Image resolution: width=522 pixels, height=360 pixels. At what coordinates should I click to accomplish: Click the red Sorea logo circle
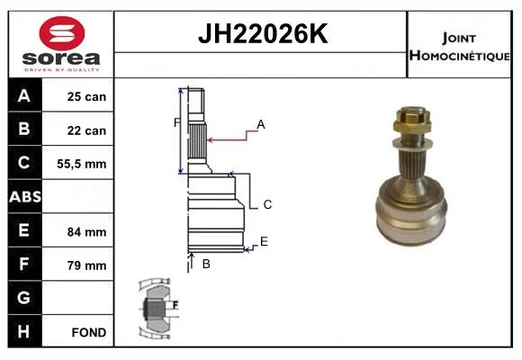[x=62, y=33]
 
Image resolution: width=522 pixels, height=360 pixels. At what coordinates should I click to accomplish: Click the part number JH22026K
[x=263, y=33]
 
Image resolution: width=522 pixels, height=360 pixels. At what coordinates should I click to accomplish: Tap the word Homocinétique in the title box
[x=459, y=55]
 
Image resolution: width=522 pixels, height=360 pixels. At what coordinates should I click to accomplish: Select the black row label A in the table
[x=24, y=95]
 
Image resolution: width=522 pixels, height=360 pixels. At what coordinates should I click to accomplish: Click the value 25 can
[x=86, y=96]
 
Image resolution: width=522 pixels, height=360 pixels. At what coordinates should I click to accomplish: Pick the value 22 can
[x=86, y=130]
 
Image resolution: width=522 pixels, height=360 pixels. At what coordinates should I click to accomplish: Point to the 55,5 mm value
[x=82, y=164]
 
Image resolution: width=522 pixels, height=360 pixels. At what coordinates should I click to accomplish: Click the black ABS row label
[x=25, y=197]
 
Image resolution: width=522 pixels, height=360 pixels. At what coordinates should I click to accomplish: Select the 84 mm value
[x=86, y=232]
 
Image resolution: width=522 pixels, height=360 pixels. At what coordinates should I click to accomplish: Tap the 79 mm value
[x=86, y=265]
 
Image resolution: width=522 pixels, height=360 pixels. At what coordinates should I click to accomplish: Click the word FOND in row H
[x=89, y=332]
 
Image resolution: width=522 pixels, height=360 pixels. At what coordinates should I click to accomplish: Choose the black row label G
[x=24, y=297]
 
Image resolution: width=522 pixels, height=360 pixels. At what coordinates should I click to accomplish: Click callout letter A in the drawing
[x=261, y=124]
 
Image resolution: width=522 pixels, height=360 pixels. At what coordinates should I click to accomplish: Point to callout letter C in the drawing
[x=267, y=204]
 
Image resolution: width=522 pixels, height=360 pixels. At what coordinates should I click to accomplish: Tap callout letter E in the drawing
[x=264, y=241]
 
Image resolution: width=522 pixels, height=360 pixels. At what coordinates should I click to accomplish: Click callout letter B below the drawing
[x=206, y=264]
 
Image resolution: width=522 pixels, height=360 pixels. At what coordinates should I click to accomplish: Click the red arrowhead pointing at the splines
[x=211, y=139]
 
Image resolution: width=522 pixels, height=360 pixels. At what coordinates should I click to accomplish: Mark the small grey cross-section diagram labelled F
[x=157, y=309]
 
